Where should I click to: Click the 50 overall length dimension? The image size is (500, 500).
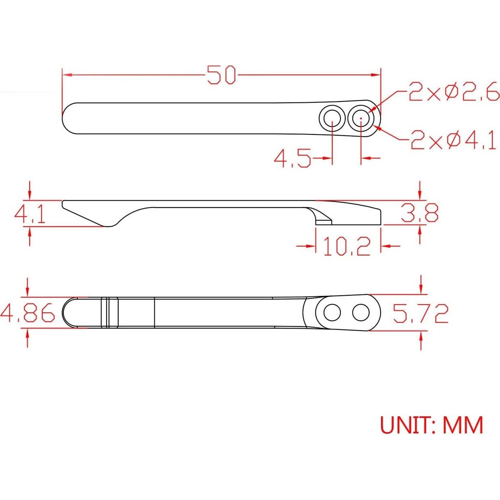point(221,75)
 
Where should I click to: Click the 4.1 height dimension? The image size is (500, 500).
point(30,214)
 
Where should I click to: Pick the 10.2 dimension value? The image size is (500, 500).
point(347,246)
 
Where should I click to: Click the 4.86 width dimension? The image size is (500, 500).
point(28,313)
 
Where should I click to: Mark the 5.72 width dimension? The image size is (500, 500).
point(420,313)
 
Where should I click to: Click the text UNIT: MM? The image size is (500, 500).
point(431,425)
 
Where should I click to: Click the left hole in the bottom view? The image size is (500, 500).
point(332,313)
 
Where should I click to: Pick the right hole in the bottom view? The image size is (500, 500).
point(361,313)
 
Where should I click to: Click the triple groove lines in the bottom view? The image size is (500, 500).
point(108,313)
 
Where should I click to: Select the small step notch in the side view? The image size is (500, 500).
point(324,221)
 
